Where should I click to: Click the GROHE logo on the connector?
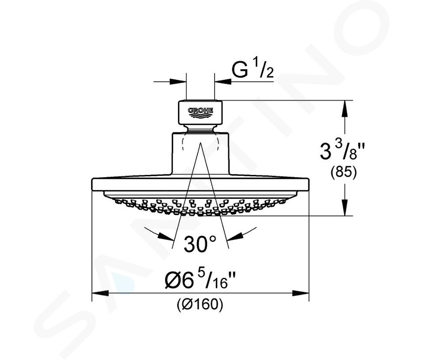click(201, 113)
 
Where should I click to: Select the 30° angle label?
click(200, 244)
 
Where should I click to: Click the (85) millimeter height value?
click(344, 173)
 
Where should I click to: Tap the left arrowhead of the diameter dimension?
click(100, 293)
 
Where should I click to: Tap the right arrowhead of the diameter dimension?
click(300, 293)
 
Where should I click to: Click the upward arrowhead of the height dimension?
click(344, 109)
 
